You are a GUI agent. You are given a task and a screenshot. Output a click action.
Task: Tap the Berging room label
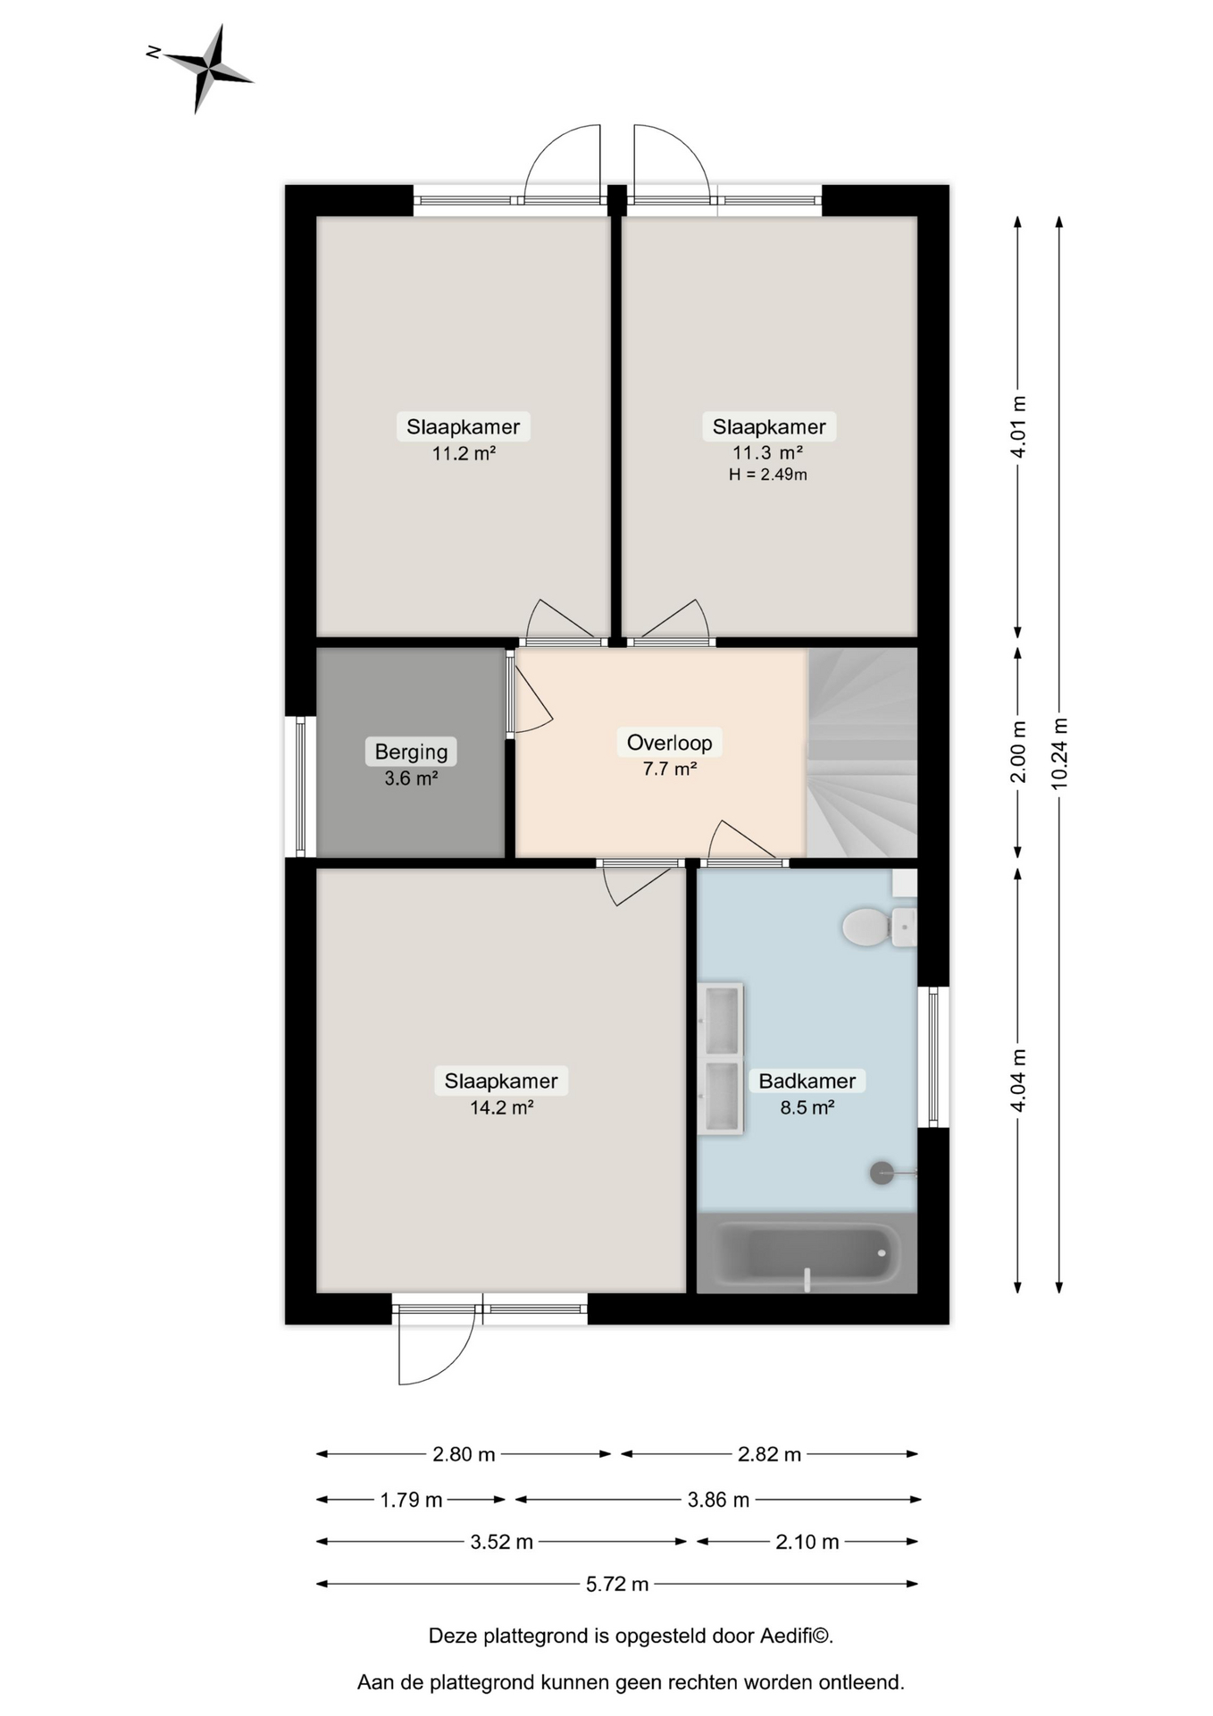pos(411,752)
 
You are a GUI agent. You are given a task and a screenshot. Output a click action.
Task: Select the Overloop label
pos(669,743)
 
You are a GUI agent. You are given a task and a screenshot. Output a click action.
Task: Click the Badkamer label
pos(807,1081)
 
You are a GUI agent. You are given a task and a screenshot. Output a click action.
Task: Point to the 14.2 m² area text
pos(501,1107)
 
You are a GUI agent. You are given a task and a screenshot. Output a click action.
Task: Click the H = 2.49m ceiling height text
pos(767,475)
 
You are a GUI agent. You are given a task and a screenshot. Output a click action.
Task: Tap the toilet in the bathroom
pos(878,927)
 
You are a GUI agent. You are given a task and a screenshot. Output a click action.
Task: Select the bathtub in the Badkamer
pos(807,1253)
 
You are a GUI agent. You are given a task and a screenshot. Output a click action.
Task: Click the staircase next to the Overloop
pos(862,753)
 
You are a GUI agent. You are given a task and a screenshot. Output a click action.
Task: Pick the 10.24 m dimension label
pos(1059,753)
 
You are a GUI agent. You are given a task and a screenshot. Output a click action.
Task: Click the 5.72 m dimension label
pos(617,1584)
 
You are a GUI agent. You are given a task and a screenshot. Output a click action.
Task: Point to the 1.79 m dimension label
pos(411,1500)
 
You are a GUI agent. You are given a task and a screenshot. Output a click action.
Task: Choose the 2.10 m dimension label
pos(807,1542)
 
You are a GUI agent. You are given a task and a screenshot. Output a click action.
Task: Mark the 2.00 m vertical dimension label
pos(1018,752)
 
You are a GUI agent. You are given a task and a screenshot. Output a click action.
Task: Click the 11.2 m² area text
pos(464,453)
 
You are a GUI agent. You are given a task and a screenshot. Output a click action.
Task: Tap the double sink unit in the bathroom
pos(720,1059)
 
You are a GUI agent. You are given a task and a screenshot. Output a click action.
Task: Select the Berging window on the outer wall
pos(301,786)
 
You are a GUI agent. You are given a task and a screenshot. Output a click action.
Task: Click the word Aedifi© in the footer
pos(797,1636)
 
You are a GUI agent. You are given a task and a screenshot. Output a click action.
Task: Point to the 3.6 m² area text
pos(411,778)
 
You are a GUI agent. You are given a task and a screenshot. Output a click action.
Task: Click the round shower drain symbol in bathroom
pos(882,1173)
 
